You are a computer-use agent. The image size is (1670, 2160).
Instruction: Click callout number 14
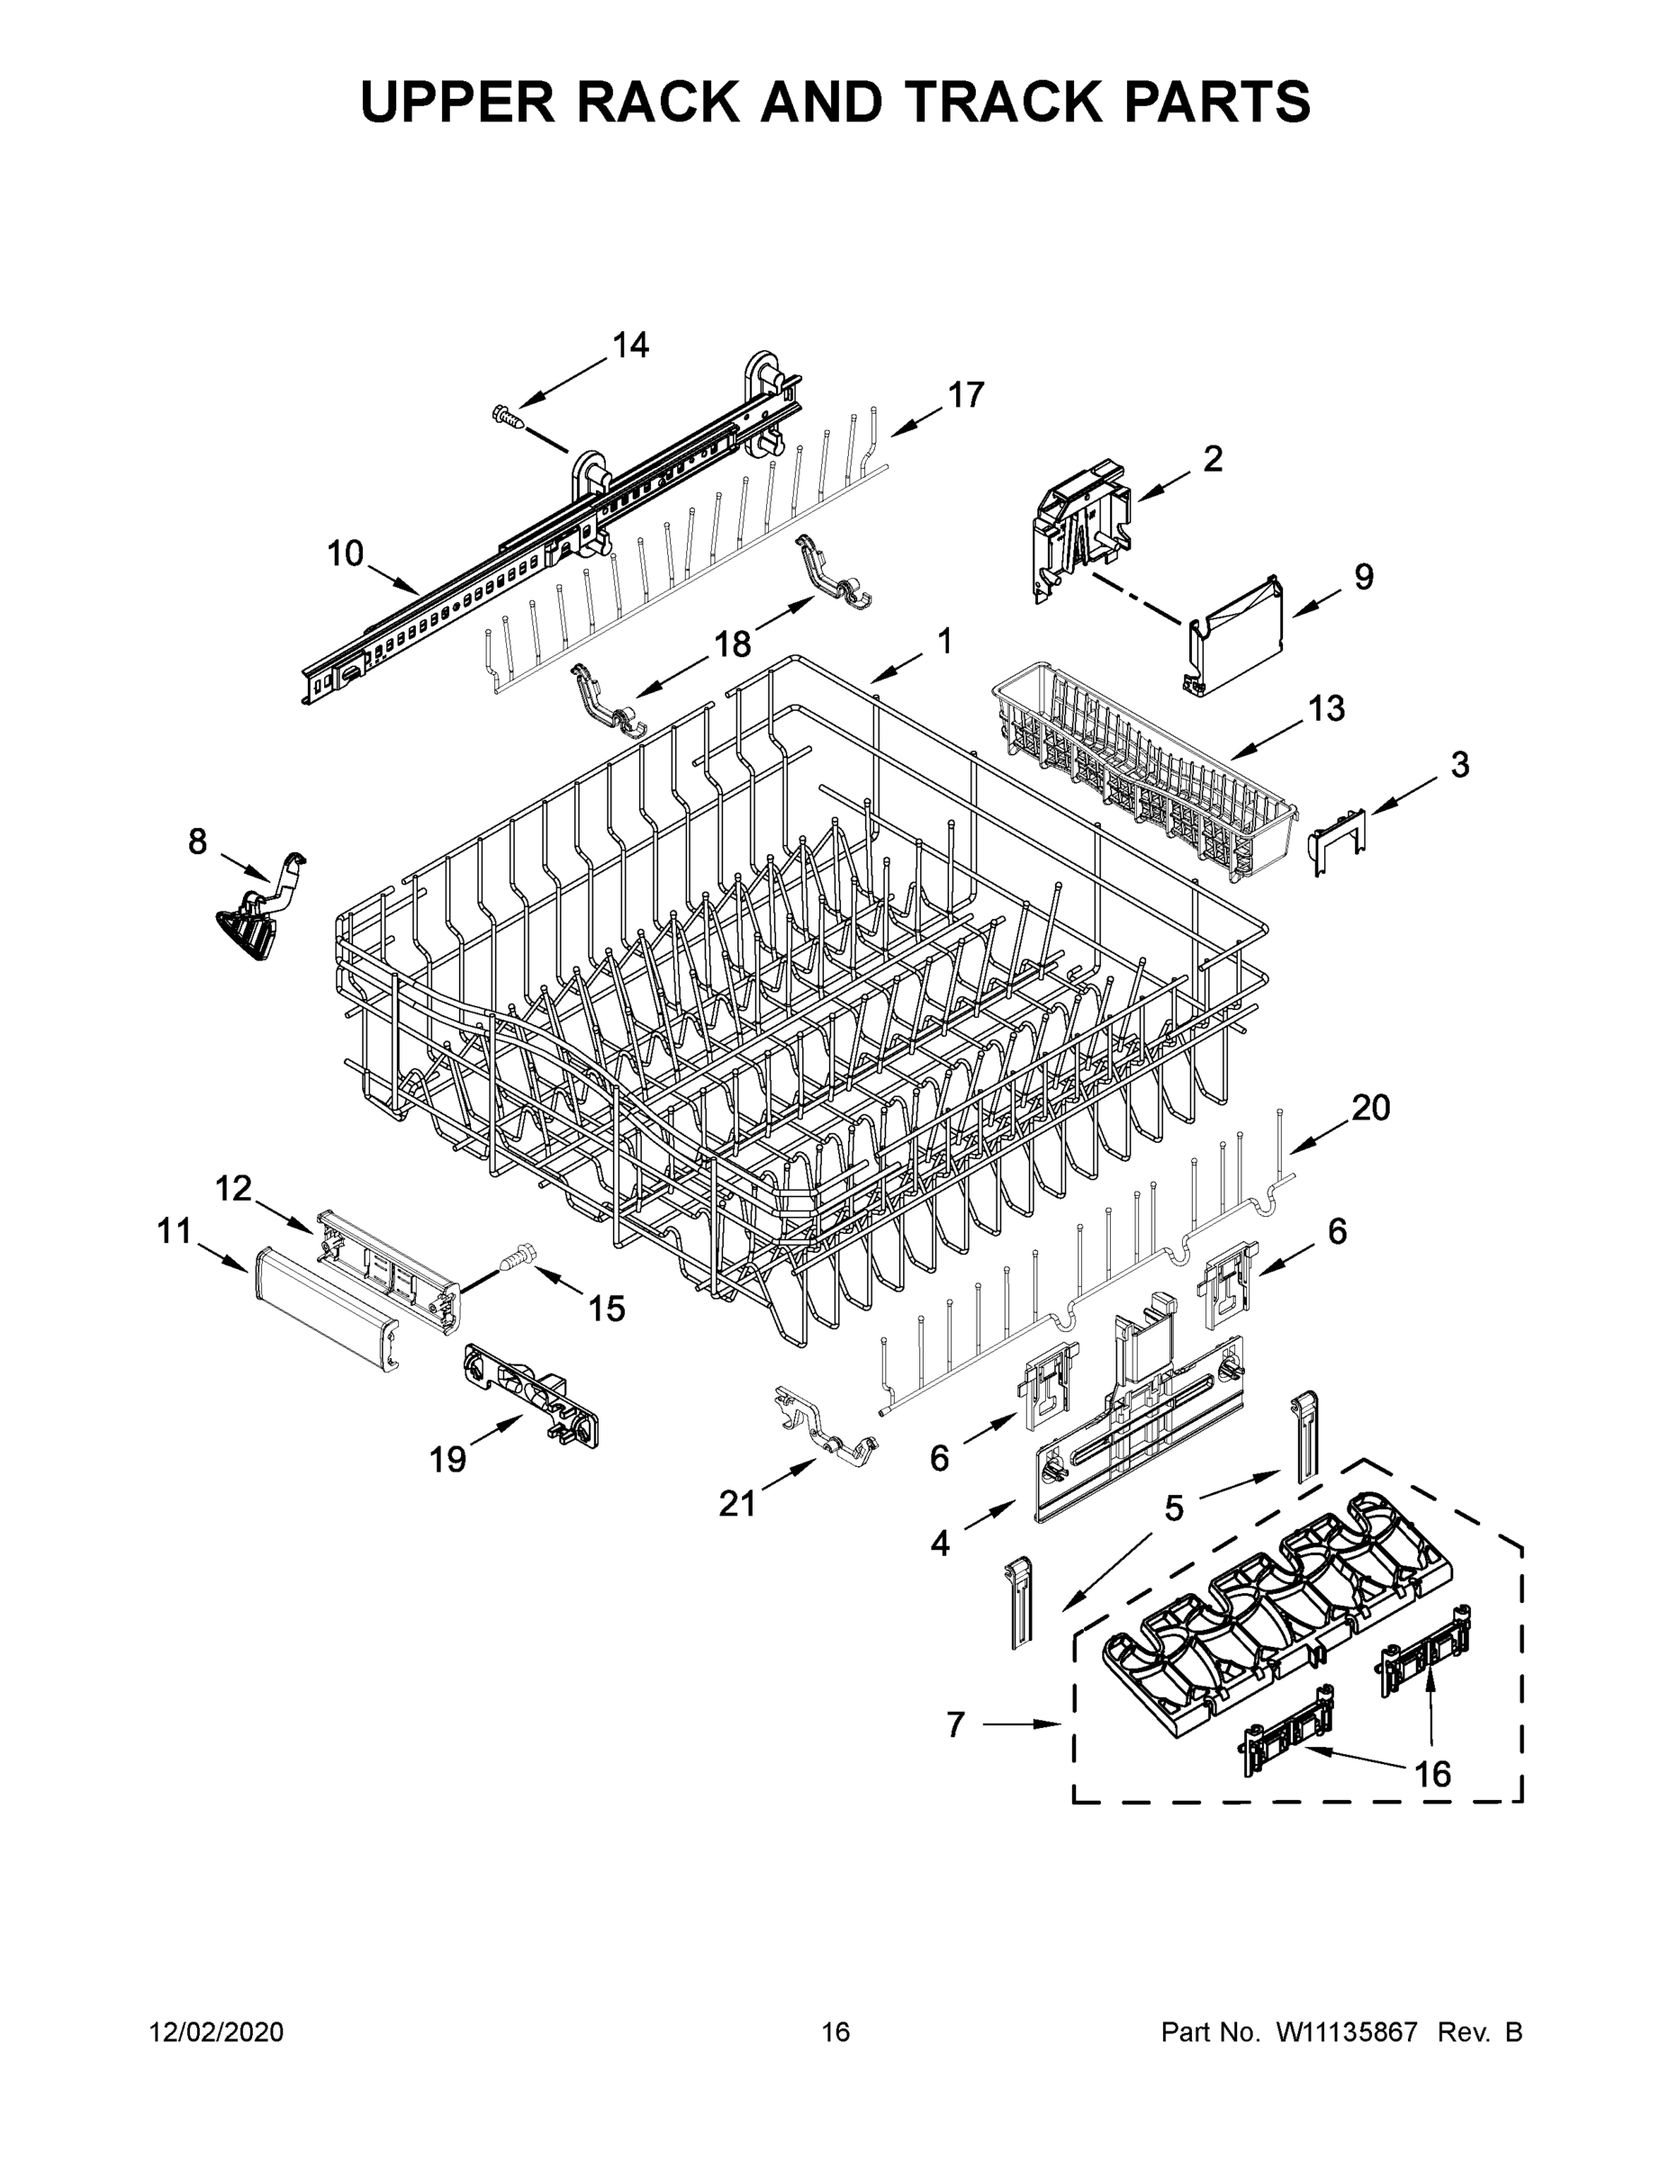coord(630,346)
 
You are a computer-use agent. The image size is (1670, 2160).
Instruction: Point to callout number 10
coord(347,553)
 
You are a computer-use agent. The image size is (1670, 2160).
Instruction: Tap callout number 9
coord(1363,577)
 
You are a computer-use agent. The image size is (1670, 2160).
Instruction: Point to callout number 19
coord(447,1459)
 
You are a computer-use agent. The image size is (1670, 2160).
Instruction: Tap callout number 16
coord(1431,1773)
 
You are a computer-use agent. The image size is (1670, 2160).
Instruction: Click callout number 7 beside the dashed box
coord(954,1723)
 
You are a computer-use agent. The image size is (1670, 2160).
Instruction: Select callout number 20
coord(1370,1108)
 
